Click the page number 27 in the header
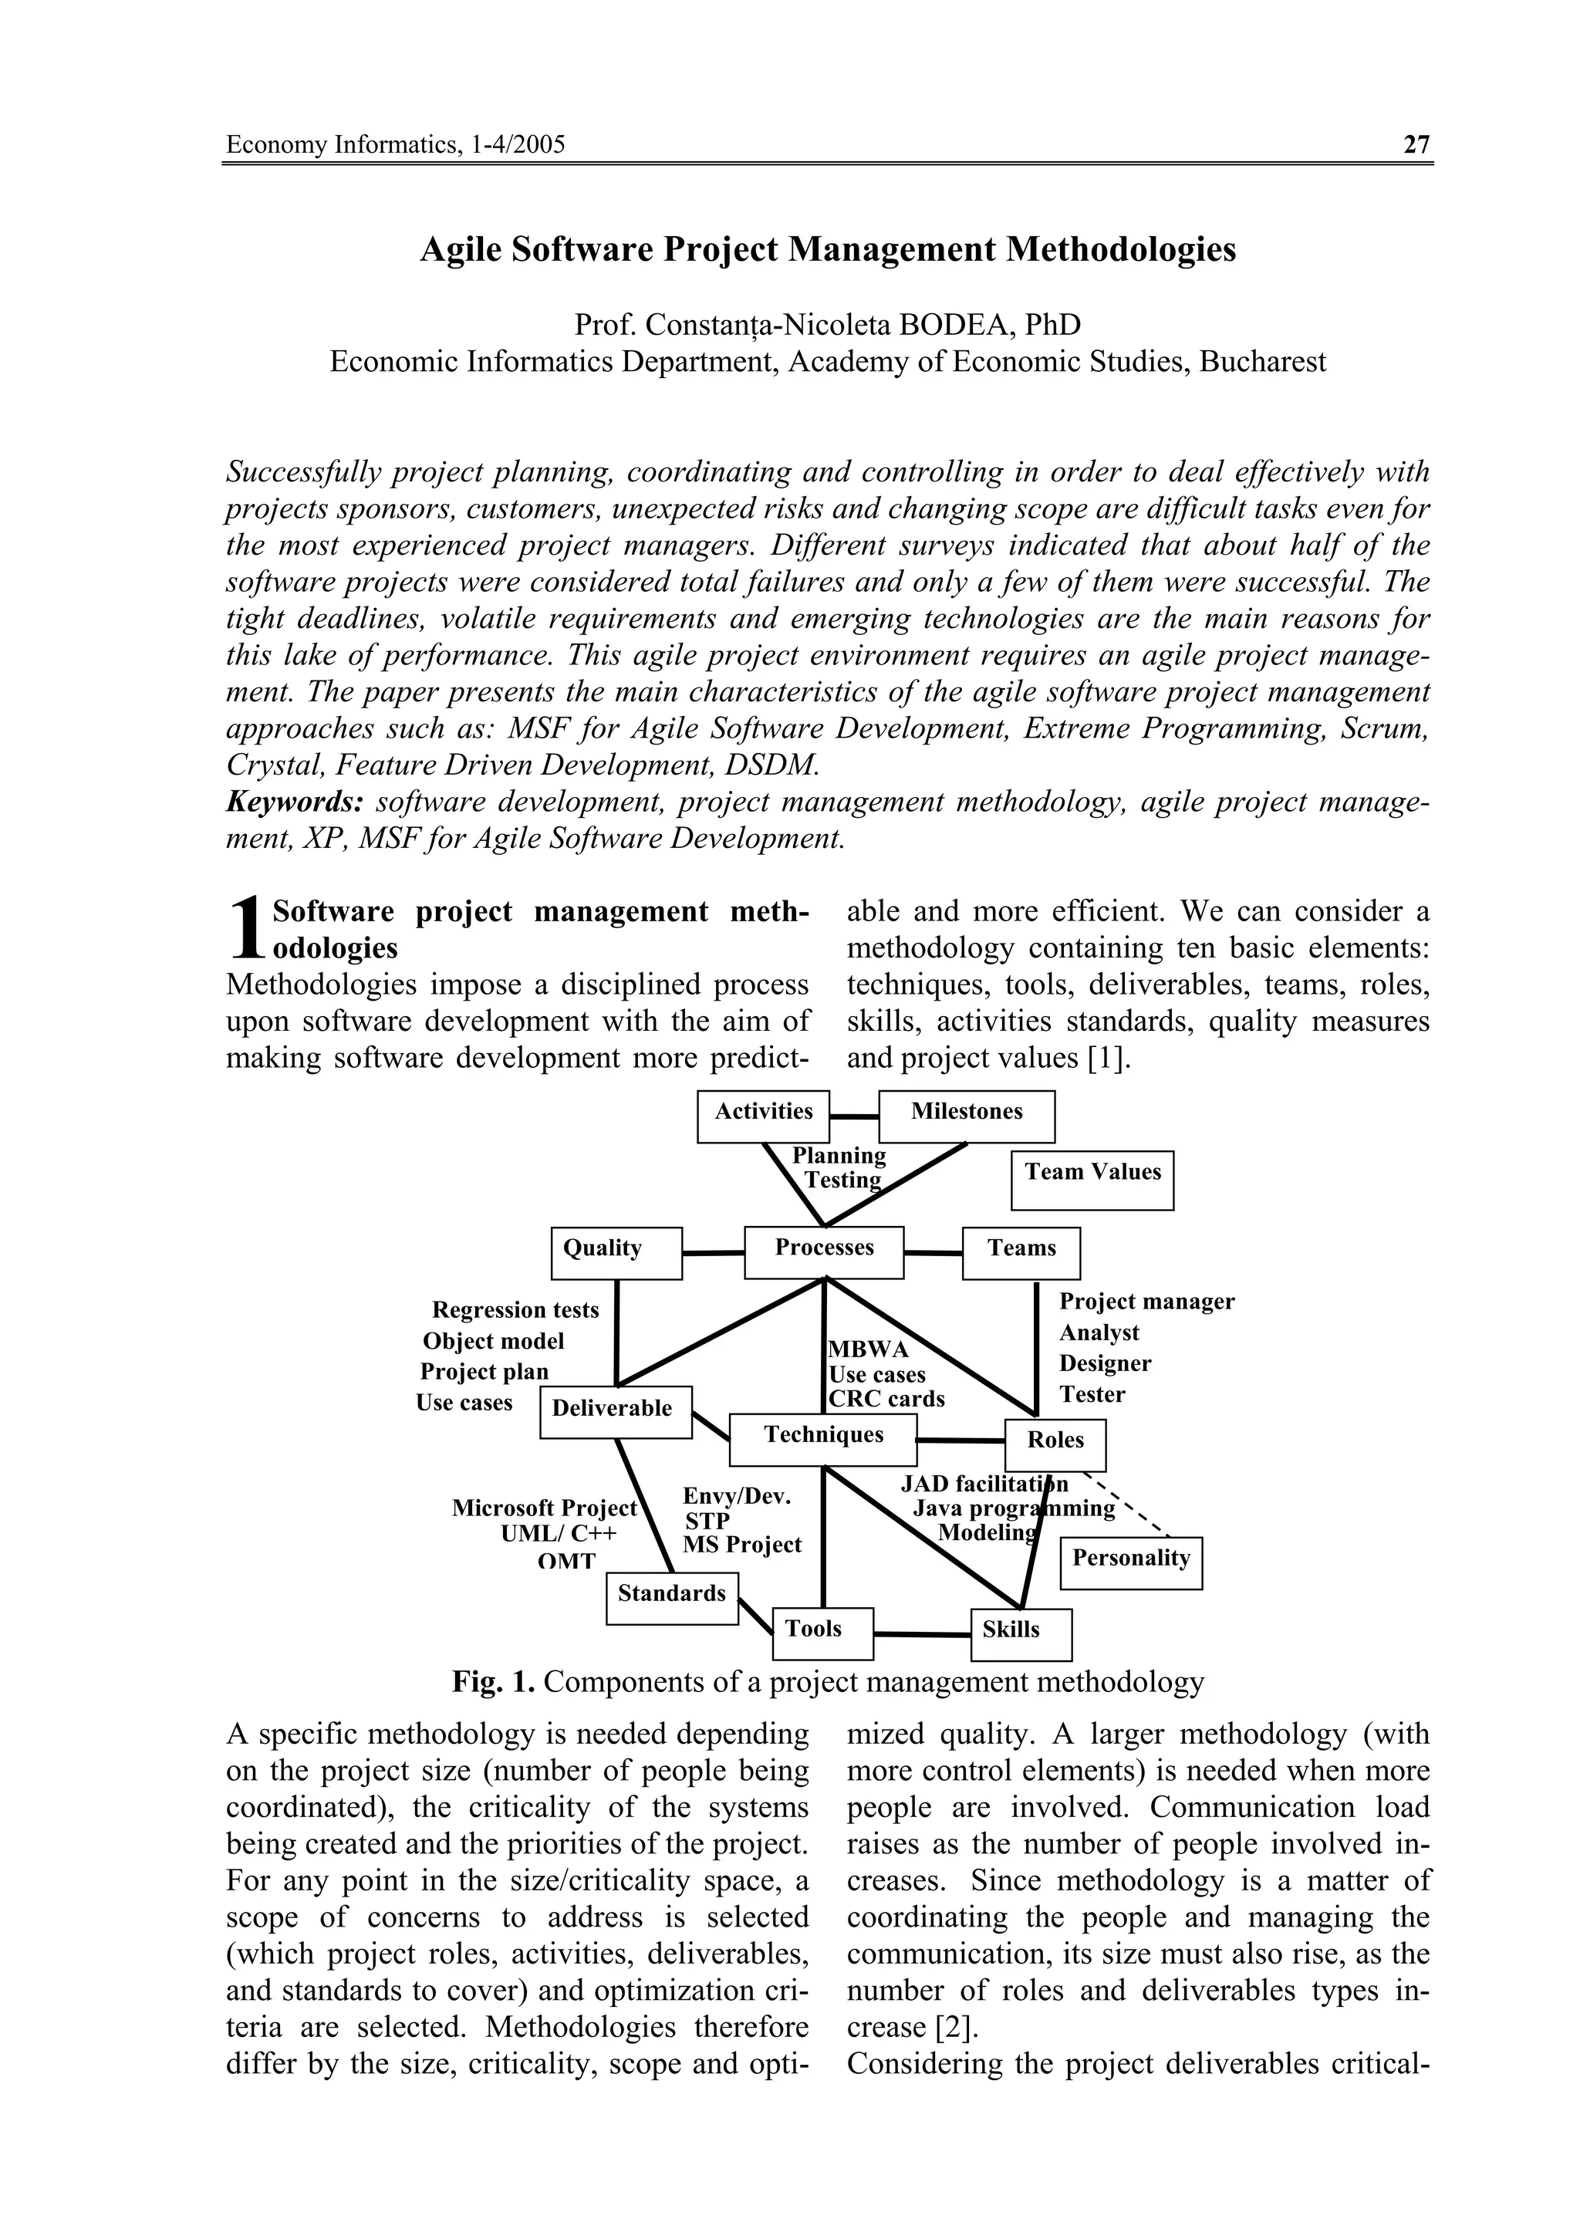[1416, 145]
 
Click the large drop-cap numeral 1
[248, 928]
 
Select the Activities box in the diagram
[763, 1116]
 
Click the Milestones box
[966, 1116]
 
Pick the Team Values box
[1092, 1180]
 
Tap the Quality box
[616, 1252]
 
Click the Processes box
[824, 1251]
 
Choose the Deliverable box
[615, 1411]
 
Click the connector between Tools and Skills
[922, 1633]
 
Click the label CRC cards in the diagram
[886, 1399]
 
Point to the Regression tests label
[515, 1310]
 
